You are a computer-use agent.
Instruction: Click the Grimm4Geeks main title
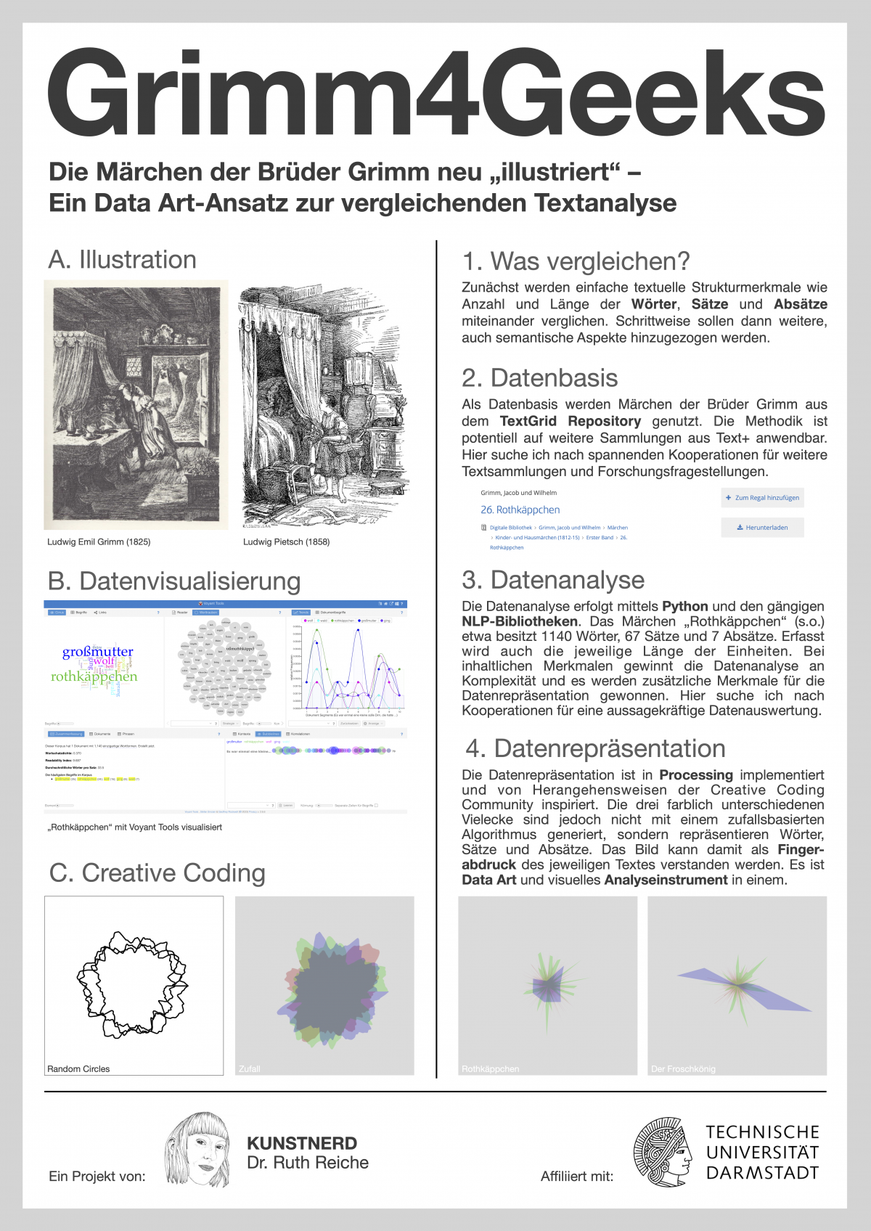[x=435, y=93]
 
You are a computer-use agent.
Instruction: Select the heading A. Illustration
[x=122, y=260]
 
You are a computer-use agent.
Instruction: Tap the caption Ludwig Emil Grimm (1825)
[x=99, y=541]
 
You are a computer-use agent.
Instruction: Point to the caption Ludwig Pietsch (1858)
[x=286, y=541]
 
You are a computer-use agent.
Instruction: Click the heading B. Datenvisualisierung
[x=174, y=581]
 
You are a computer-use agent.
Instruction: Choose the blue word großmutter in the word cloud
[x=98, y=652]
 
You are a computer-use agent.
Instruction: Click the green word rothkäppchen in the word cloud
[x=94, y=676]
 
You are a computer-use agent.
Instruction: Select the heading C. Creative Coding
[x=157, y=873]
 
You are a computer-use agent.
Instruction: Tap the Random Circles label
[x=78, y=1068]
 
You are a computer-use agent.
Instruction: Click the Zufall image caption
[x=250, y=1068]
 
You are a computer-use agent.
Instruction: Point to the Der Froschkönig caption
[x=683, y=1068]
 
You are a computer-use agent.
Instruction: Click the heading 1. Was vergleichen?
[x=576, y=261]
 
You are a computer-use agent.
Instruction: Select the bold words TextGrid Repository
[x=571, y=421]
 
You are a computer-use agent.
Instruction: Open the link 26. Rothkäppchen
[x=520, y=510]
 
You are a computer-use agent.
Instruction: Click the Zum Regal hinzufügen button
[x=762, y=498]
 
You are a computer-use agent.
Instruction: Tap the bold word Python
[x=684, y=606]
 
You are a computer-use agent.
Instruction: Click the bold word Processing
[x=695, y=775]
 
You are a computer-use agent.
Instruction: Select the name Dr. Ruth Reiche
[x=308, y=1163]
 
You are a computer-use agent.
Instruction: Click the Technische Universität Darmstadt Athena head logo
[x=662, y=1153]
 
